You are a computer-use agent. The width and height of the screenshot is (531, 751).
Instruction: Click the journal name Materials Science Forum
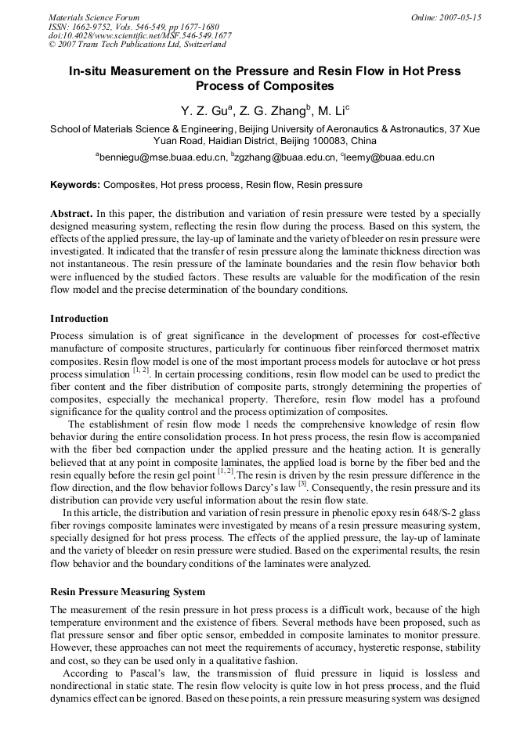pos(94,16)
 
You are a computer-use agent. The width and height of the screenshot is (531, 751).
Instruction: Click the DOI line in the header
pos(140,35)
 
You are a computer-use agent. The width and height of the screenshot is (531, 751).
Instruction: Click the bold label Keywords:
pos(75,186)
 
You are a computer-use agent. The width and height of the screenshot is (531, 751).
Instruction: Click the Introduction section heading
pos(79,319)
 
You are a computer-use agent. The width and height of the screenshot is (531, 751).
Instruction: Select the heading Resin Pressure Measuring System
pos(128,592)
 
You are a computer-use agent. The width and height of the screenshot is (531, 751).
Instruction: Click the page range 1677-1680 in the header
pos(197,26)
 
